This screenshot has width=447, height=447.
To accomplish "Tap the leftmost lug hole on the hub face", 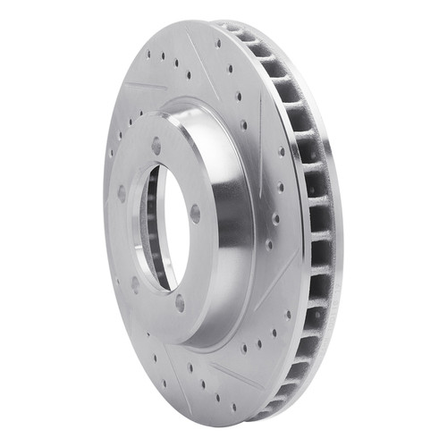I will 121,191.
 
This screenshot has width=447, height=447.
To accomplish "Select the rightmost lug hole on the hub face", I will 194,213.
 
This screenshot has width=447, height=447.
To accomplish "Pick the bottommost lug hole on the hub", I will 180,303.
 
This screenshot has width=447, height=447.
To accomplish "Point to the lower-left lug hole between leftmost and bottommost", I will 135,284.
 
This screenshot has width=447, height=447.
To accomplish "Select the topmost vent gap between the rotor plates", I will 234,30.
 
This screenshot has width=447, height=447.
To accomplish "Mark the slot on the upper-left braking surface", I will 142,87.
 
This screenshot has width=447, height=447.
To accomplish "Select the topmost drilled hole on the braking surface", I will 216,43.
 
